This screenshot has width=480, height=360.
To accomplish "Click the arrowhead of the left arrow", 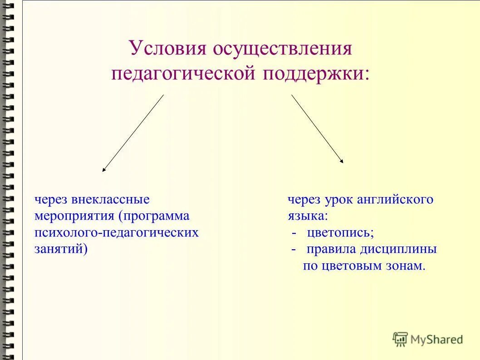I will (x=104, y=170).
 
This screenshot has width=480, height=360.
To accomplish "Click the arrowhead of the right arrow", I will (x=342, y=161).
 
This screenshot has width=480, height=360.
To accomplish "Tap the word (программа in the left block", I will (x=154, y=216).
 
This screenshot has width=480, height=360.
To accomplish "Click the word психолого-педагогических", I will (x=117, y=233).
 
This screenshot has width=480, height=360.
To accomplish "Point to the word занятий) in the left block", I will (x=61, y=249).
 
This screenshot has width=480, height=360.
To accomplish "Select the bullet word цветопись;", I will (x=340, y=233).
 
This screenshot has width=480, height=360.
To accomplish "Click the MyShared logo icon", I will (x=400, y=339).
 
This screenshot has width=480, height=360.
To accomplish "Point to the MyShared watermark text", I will (x=436, y=339).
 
